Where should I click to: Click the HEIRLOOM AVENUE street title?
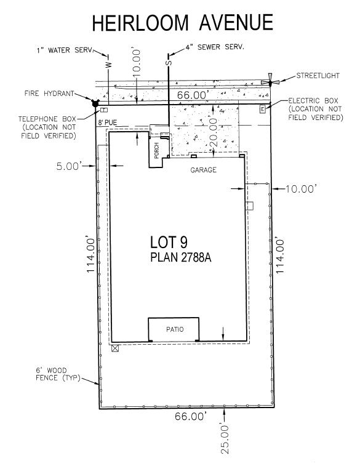click(x=182, y=23)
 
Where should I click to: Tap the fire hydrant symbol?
click(x=95, y=103)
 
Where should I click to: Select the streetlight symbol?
click(x=270, y=81)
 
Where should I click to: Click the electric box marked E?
click(x=262, y=110)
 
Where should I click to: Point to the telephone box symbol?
click(x=103, y=110)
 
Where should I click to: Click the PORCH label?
click(x=156, y=151)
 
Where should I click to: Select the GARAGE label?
click(x=204, y=170)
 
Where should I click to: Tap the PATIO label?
click(x=175, y=329)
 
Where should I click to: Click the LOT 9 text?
click(x=169, y=242)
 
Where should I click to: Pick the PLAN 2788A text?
click(x=180, y=257)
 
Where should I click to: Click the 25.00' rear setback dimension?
click(x=225, y=439)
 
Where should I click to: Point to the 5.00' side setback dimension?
click(x=69, y=166)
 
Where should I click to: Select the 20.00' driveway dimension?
click(x=214, y=132)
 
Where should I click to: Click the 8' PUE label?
click(x=108, y=123)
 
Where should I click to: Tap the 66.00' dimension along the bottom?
click(x=190, y=416)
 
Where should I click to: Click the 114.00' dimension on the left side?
click(x=90, y=255)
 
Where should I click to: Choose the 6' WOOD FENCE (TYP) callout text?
click(x=58, y=374)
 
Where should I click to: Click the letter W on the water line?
click(x=109, y=65)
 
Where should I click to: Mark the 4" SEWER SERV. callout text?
click(x=215, y=47)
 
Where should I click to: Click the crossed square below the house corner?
click(x=115, y=348)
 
